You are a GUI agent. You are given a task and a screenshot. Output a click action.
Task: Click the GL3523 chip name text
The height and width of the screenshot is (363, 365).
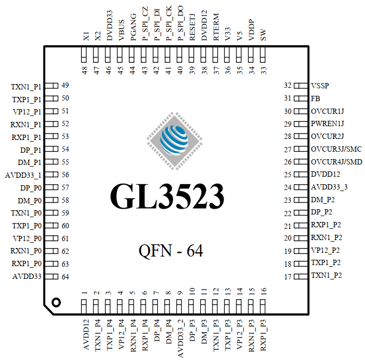pyautogui.click(x=167, y=196)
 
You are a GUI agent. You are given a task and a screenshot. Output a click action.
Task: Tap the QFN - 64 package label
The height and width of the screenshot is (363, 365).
pyautogui.click(x=171, y=250)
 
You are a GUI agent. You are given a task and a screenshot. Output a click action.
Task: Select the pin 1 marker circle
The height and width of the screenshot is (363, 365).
pyautogui.click(x=56, y=302)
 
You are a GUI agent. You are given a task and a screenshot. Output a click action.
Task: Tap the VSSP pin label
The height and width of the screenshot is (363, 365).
pyautogui.click(x=324, y=86)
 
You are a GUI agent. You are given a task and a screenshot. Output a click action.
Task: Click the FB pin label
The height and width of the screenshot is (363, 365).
pyautogui.click(x=316, y=98)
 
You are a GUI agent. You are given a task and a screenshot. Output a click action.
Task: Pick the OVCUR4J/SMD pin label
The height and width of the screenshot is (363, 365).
pyautogui.click(x=336, y=162)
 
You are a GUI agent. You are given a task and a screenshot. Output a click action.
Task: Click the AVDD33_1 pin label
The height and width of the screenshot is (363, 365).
pyautogui.click(x=23, y=175)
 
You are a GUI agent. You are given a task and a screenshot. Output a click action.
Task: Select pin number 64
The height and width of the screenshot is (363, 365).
pyautogui.click(x=65, y=276)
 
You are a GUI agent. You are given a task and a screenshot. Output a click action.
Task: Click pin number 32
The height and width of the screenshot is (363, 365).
pyautogui.click(x=287, y=85)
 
